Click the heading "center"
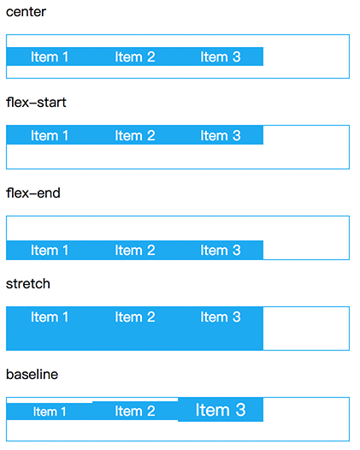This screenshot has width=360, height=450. [x=26, y=12]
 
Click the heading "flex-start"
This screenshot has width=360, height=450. [x=36, y=103]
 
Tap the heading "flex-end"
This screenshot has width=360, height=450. [x=33, y=192]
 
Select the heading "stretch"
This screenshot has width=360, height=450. [x=28, y=284]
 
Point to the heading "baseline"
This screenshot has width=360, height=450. [x=32, y=374]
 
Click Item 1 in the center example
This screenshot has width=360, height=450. [x=50, y=56]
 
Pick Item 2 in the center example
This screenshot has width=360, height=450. [x=135, y=56]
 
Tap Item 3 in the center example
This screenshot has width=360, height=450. [x=221, y=56]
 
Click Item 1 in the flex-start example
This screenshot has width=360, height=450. [x=50, y=135]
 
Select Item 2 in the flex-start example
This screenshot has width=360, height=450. [x=135, y=135]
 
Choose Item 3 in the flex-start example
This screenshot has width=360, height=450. [x=221, y=135]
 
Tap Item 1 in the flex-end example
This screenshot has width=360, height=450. [x=50, y=250]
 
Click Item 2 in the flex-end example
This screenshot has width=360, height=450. [x=135, y=250]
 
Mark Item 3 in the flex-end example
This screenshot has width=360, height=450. [x=221, y=250]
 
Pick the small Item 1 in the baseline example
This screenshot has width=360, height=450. [x=50, y=412]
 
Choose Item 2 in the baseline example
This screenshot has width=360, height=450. [x=135, y=411]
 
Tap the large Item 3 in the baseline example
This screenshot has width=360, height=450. [x=221, y=410]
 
